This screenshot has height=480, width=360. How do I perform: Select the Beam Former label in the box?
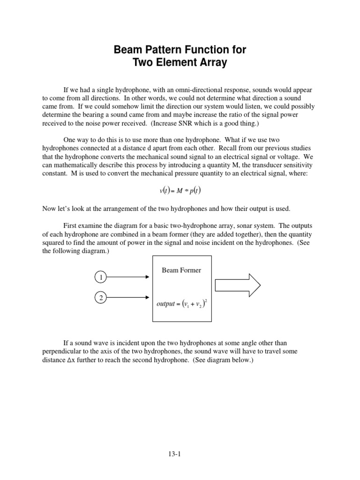[181, 270]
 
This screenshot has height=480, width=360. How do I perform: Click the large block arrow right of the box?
[238, 285]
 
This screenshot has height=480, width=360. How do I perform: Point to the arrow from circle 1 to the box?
[128, 277]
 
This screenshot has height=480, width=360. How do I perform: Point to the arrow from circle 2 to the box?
[128, 297]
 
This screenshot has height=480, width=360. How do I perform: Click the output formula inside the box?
[182, 304]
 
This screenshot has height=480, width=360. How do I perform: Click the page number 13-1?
[180, 454]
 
